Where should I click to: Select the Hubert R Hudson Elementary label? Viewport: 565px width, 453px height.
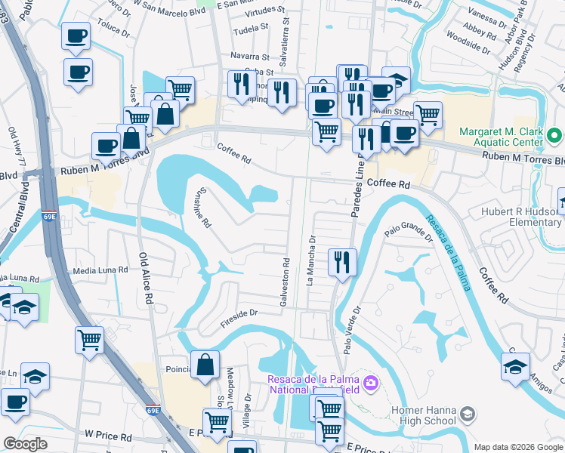click(520, 217)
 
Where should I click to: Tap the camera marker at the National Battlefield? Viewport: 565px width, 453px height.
click(370, 383)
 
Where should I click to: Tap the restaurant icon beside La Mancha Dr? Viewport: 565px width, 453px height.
click(342, 262)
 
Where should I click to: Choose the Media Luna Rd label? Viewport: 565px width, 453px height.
click(100, 270)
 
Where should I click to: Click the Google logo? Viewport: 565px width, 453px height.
click(25, 444)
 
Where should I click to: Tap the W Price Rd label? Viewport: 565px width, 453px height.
click(109, 436)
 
